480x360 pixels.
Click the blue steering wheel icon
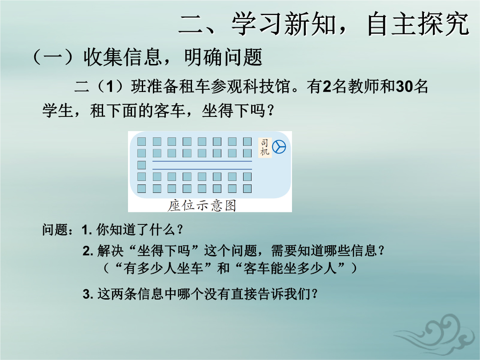point(279,147)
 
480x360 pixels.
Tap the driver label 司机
point(265,147)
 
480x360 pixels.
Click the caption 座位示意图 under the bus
point(202,205)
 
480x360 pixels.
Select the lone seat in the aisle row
point(141,165)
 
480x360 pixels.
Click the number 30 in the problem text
point(405,87)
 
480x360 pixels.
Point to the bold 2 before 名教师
point(327,87)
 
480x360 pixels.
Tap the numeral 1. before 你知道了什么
point(87,230)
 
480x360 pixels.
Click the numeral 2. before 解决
point(88,251)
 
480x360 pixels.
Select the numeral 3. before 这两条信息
point(88,294)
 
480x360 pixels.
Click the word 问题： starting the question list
point(58,230)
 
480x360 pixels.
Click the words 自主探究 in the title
point(418,24)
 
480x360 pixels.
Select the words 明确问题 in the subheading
point(223,57)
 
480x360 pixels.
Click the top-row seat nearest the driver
point(248,141)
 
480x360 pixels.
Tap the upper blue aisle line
point(202,161)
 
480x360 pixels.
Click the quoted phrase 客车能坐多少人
point(290,268)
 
